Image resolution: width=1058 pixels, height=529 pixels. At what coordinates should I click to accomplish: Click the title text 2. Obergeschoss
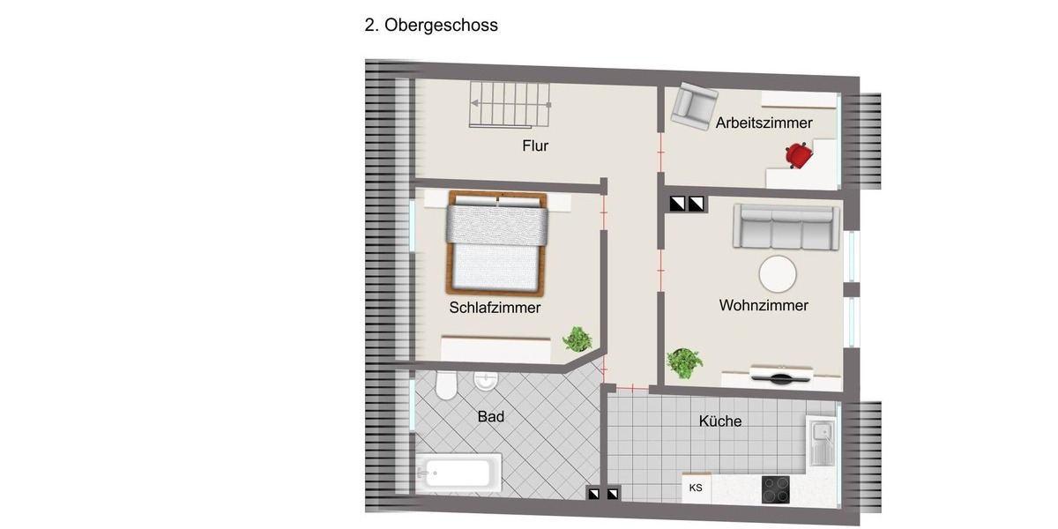tap(431, 26)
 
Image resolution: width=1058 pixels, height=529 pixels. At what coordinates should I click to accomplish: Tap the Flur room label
tap(535, 145)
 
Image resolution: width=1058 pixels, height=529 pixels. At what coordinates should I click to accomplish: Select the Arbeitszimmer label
tap(764, 123)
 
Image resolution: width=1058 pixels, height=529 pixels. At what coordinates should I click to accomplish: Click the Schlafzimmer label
tap(495, 308)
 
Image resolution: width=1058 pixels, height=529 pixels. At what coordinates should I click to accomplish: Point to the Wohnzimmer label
tap(764, 306)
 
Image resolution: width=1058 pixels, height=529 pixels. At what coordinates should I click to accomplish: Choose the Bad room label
tap(491, 416)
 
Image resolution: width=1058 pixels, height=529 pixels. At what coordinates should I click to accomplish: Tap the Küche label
tap(720, 421)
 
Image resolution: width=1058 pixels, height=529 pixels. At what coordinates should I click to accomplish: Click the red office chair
tap(800, 155)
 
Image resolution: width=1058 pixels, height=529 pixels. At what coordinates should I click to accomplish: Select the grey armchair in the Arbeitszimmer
tap(691, 107)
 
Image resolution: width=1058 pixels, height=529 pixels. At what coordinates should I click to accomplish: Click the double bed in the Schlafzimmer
tap(497, 242)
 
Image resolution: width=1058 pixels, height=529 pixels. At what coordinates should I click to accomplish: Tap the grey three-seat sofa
tap(783, 228)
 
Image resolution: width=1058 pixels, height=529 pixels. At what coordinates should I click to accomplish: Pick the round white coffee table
tap(779, 274)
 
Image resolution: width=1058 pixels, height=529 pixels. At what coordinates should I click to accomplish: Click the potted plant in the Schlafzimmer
tap(577, 339)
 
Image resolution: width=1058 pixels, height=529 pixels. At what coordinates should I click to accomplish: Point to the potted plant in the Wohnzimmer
tap(684, 361)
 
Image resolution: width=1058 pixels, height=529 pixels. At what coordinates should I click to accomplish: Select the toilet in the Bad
tap(445, 385)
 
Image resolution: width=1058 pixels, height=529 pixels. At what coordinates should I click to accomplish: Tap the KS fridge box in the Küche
tap(696, 488)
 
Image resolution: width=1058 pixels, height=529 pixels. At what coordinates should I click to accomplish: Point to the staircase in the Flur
tap(511, 103)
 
